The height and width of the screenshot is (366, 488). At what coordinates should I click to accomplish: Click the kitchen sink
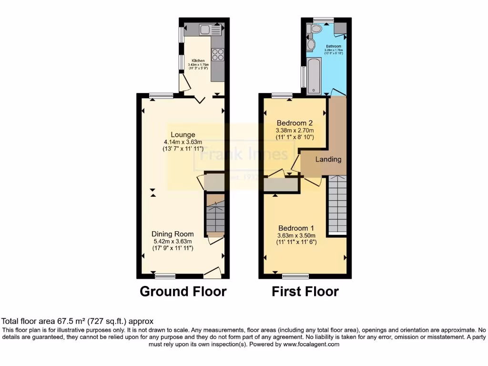pyautogui.click(x=209, y=30)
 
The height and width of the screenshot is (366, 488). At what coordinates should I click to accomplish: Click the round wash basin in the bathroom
pyautogui.click(x=311, y=45)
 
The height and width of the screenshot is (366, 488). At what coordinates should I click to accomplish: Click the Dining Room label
pyautogui.click(x=173, y=234)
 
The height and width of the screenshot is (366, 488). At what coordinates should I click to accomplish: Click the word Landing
pyautogui.click(x=328, y=159)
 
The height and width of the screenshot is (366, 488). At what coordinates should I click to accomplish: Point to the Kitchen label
pyautogui.click(x=198, y=61)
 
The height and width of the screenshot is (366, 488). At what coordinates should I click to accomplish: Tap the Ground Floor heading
pyautogui.click(x=183, y=291)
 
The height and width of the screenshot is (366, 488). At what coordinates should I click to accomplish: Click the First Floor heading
pyautogui.click(x=305, y=291)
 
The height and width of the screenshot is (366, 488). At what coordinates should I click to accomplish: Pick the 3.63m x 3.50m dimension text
pyautogui.click(x=296, y=235)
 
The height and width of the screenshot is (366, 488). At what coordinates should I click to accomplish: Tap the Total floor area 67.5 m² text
pyautogui.click(x=78, y=322)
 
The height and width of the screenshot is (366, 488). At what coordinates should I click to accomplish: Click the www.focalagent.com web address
pyautogui.click(x=312, y=344)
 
